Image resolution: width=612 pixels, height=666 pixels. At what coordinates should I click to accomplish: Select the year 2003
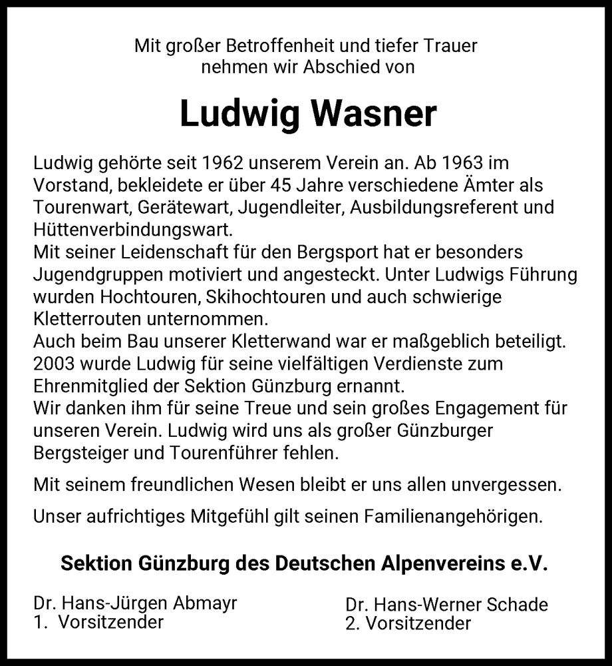click(x=54, y=364)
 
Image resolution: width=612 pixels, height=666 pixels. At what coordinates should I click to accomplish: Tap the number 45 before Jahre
click(x=262, y=185)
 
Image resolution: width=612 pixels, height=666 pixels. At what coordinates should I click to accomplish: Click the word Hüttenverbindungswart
click(x=132, y=230)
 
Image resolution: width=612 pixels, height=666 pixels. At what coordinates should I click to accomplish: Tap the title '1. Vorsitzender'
click(x=98, y=623)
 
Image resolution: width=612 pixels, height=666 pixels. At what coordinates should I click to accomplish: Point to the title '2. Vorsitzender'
click(x=408, y=624)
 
